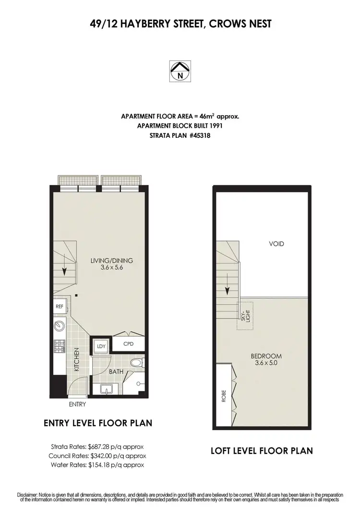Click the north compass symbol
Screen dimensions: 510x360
pos(180,71)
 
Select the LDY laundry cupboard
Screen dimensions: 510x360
pos(101,346)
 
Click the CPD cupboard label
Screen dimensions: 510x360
pos(128,344)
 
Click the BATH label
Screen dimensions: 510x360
pos(116,372)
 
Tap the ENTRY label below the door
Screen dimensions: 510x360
pos(77,404)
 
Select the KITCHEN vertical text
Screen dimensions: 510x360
pos(76,360)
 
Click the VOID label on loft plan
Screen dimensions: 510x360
pos(276,244)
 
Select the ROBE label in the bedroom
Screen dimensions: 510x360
pos(224,398)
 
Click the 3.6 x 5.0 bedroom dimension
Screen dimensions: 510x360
pos(266,363)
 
